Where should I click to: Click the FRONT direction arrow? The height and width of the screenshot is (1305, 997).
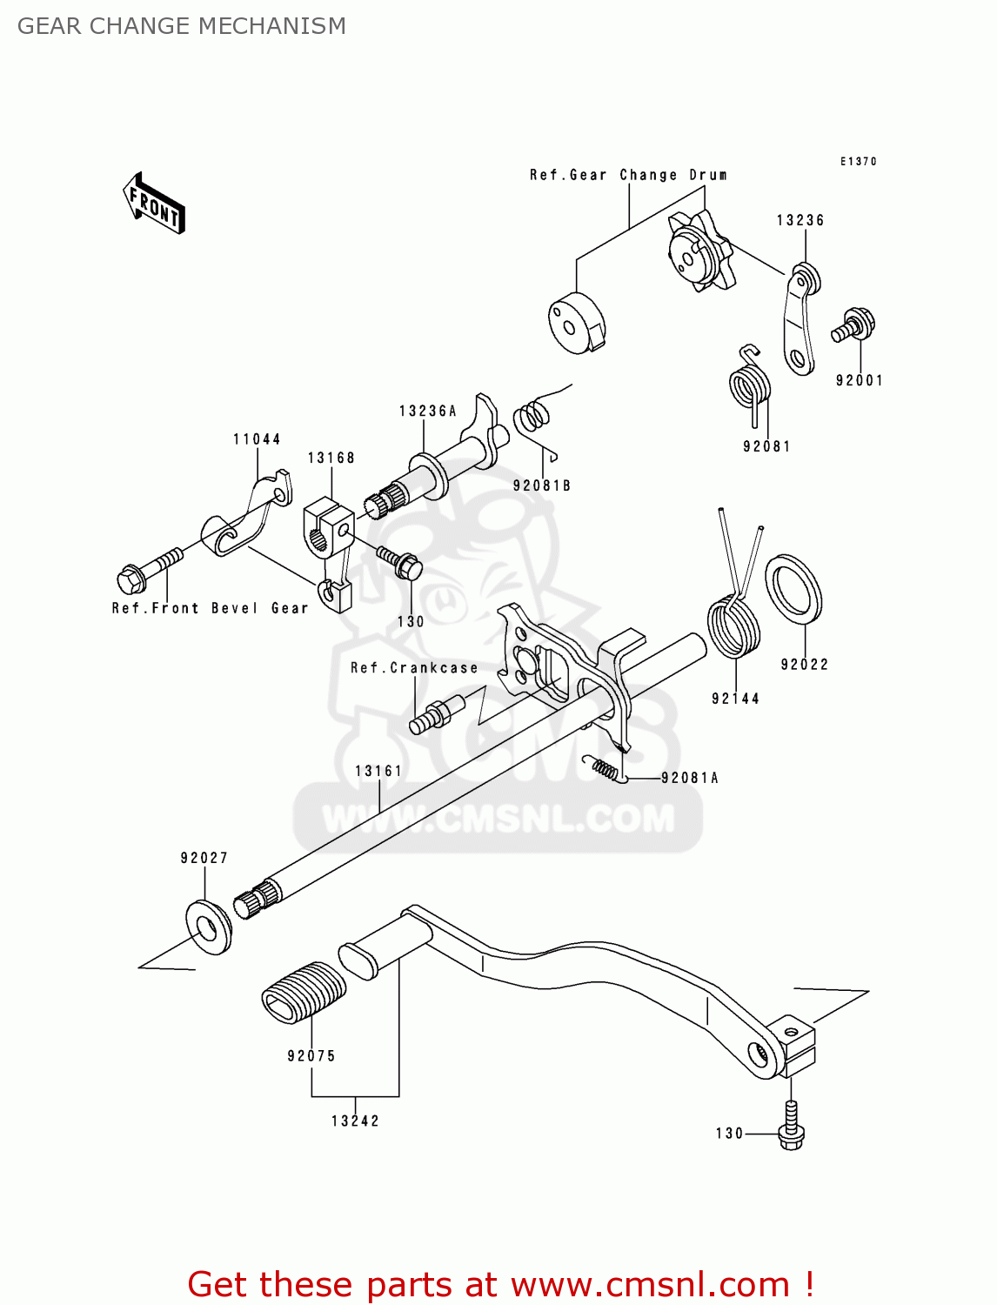point(155,204)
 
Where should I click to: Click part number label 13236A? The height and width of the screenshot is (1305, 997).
point(427,411)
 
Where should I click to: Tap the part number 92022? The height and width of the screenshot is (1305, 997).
point(804,665)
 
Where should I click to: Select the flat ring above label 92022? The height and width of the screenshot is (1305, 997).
point(793,589)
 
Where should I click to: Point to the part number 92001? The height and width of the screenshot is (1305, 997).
point(859,380)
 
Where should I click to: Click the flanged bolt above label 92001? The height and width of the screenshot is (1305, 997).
point(853,325)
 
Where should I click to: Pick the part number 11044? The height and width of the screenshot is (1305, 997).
point(257,439)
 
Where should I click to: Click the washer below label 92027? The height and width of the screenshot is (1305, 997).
point(209,927)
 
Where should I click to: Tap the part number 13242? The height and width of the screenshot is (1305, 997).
point(355,1121)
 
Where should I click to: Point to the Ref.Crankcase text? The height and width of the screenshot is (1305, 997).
point(414,668)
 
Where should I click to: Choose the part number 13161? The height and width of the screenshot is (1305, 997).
point(378,771)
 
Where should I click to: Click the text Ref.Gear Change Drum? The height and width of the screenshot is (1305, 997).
point(628,175)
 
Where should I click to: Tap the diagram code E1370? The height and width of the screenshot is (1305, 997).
point(858,162)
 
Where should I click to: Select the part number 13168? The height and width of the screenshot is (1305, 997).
point(331,458)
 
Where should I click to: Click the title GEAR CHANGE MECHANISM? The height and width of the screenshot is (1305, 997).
point(181,26)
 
